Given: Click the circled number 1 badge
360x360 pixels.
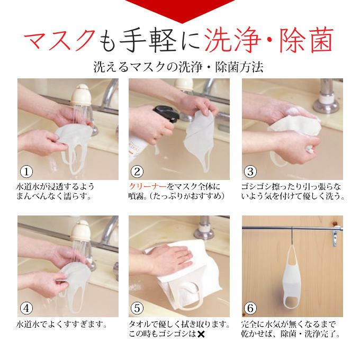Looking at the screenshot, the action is (26, 172).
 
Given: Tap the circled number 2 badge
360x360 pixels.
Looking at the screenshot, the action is (137, 172).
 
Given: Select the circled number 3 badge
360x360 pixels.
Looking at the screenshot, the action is (250, 172).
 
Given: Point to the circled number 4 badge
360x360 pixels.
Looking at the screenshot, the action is (26, 308).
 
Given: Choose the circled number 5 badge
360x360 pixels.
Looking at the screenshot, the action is (137, 308).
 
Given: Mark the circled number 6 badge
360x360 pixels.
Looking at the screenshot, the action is (250, 308).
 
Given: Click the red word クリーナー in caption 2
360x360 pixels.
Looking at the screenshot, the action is (148, 186).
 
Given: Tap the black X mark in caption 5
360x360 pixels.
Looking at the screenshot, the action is (201, 334).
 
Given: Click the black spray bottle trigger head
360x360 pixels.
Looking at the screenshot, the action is (166, 113).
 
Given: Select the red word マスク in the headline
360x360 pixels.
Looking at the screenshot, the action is (60, 40).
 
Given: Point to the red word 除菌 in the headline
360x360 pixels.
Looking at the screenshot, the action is (307, 40).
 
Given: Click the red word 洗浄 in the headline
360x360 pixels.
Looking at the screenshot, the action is (232, 40).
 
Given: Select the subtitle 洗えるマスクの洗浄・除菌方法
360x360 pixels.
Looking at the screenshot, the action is (178, 67).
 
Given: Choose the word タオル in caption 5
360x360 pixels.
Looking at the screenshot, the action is (140, 324).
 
